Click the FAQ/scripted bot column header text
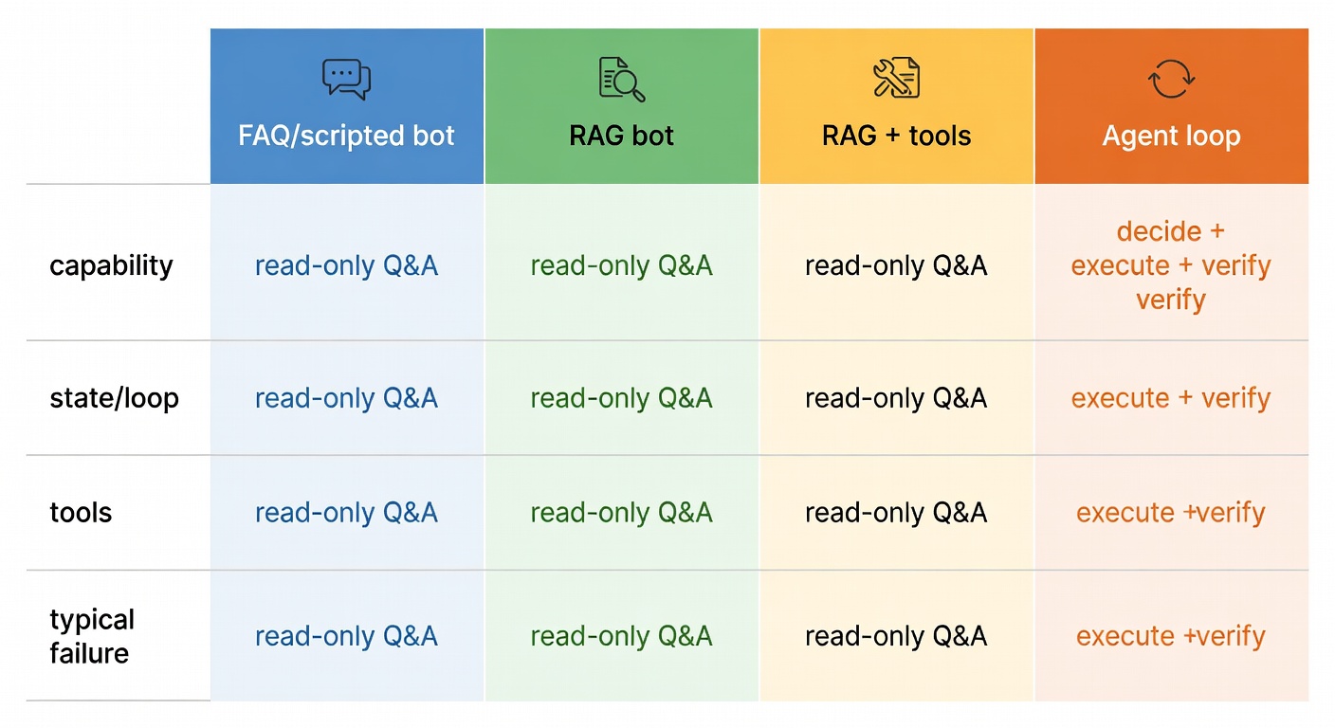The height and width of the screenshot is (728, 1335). [x=346, y=136]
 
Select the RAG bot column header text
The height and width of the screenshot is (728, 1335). [x=621, y=136]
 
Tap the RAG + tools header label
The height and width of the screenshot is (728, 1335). [x=896, y=136]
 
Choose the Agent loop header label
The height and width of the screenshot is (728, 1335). [x=1171, y=136]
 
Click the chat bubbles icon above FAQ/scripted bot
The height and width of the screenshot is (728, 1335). [x=346, y=79]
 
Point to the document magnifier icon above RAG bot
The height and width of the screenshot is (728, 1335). [x=622, y=79]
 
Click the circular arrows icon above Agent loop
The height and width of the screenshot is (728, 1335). [x=1171, y=79]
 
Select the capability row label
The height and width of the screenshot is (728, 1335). [x=111, y=265]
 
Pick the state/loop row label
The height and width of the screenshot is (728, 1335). [x=114, y=398]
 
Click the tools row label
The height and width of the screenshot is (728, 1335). [x=81, y=513]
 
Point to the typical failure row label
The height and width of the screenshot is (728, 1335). [x=92, y=636]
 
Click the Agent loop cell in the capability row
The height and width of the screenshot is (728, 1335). [x=1171, y=265]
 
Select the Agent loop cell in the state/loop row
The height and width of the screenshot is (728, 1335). [x=1171, y=398]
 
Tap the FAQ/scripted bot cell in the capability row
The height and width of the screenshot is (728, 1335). [x=346, y=265]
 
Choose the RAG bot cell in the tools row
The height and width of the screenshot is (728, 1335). [x=621, y=513]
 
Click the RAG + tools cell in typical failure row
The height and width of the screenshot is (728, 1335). [x=896, y=636]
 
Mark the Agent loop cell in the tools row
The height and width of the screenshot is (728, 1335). [x=1171, y=513]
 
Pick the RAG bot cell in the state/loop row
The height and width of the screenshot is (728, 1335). [x=621, y=398]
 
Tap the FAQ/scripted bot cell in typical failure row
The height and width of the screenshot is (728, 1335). [x=346, y=636]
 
